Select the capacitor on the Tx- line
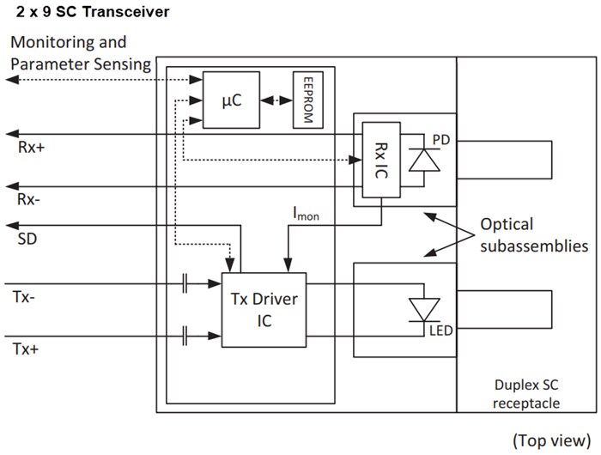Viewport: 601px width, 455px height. pyautogui.click(x=185, y=284)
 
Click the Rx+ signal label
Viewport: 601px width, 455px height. pyautogui.click(x=30, y=147)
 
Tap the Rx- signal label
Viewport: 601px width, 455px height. pyautogui.click(x=29, y=199)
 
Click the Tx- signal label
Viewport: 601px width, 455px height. pyautogui.click(x=26, y=297)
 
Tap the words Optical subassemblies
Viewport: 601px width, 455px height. pyautogui.click(x=532, y=235)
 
